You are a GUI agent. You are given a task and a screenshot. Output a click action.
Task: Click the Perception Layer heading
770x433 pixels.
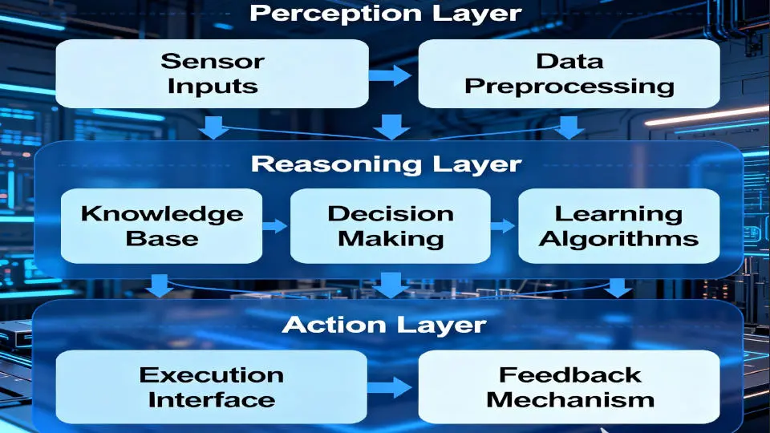tap(385, 14)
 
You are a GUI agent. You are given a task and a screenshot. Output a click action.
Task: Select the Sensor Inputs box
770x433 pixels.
tap(212, 74)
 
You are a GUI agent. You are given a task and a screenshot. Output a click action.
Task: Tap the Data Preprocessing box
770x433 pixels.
tap(569, 74)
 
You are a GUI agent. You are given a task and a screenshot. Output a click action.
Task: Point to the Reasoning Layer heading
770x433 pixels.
tap(386, 164)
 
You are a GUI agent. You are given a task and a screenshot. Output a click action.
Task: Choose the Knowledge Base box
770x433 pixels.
tap(161, 226)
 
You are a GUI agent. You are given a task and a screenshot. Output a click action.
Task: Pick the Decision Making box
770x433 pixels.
tap(390, 226)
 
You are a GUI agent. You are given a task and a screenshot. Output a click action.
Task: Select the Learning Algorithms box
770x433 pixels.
tap(618, 226)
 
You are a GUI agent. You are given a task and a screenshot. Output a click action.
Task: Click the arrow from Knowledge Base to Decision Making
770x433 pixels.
tap(275, 226)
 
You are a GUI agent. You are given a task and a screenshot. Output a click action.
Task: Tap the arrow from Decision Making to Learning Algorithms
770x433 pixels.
tap(503, 226)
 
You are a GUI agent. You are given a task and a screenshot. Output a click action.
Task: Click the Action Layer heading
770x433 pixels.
tap(385, 325)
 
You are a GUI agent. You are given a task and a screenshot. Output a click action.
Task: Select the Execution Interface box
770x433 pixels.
tap(211, 386)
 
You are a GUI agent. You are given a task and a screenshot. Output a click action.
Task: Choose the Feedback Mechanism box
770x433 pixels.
tap(569, 386)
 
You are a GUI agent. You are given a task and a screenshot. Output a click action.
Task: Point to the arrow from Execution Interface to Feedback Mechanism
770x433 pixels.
tap(391, 388)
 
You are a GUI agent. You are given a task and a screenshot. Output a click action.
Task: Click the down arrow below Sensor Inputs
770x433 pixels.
tap(213, 127)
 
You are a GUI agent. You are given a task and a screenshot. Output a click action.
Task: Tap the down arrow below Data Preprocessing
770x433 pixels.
tap(569, 127)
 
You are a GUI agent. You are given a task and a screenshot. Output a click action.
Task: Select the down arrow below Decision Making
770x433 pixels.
tap(391, 283)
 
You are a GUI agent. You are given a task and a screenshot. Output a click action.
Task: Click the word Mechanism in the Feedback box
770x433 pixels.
tap(569, 399)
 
